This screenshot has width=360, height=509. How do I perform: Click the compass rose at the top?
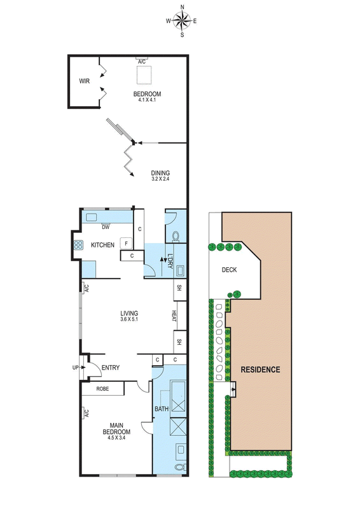182,21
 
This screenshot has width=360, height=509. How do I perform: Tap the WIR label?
85,81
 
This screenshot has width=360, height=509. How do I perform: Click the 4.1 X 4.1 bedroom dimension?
147,100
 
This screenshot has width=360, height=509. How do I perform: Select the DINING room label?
160,173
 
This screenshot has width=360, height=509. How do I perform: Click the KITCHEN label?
102,245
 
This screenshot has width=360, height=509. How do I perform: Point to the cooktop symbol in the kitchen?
78,245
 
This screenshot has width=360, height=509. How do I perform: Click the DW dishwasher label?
106,227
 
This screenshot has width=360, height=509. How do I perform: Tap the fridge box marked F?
127,243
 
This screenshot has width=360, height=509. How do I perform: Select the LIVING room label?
129,313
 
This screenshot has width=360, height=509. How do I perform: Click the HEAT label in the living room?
174,316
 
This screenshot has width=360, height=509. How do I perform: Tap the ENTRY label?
111,368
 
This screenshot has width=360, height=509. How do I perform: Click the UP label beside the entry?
75,368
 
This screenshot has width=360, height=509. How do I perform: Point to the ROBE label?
102,389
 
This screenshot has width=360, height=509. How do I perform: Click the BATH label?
162,409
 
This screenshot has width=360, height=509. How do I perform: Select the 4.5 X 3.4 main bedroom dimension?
116,438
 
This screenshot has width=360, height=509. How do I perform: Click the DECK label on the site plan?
229,270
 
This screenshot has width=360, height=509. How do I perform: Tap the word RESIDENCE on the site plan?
260,370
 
